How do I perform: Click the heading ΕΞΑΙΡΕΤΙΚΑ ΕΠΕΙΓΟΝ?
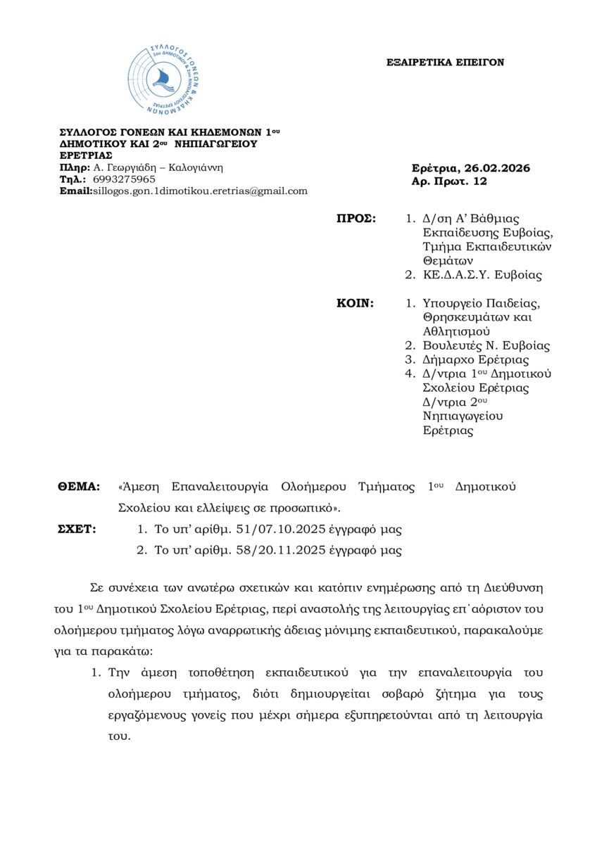(x=446, y=63)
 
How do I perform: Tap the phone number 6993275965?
(x=125, y=179)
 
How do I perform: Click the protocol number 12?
(x=480, y=181)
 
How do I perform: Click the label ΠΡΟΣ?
(x=358, y=219)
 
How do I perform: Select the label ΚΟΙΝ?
(x=357, y=303)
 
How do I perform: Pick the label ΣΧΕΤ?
(x=76, y=529)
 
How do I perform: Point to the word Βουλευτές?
(x=451, y=345)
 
